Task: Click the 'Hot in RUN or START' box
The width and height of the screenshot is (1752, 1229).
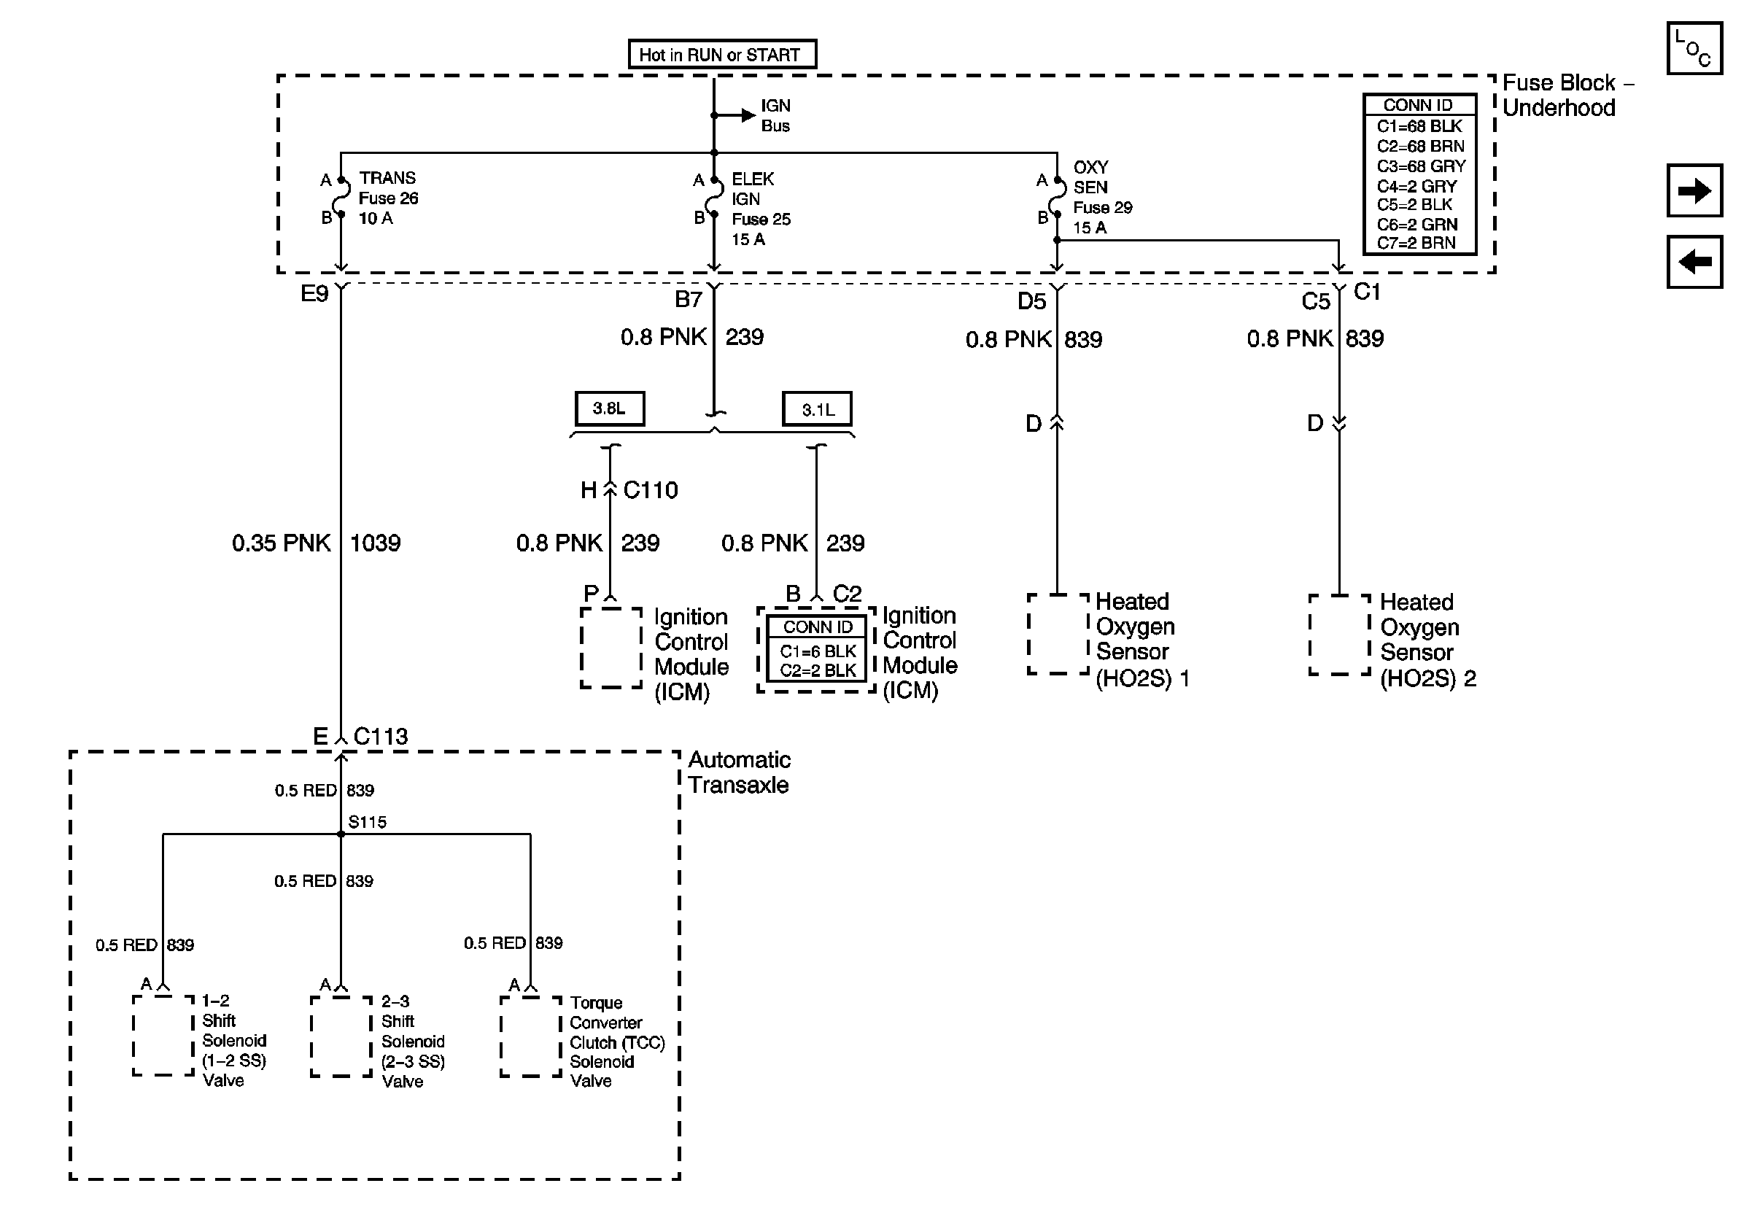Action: point(722,54)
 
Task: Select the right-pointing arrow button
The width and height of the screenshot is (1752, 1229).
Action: point(1694,190)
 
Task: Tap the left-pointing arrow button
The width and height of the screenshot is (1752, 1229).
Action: point(1694,262)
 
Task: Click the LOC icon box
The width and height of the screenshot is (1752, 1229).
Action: point(1694,48)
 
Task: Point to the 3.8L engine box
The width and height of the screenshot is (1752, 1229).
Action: point(609,408)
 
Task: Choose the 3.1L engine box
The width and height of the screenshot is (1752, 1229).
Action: point(816,409)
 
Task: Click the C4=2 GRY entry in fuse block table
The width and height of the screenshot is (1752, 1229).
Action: point(1416,185)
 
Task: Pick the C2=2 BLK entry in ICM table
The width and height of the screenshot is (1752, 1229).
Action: point(817,670)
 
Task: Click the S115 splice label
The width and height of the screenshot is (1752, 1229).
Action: point(367,821)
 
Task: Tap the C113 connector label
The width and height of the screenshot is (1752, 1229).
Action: point(380,736)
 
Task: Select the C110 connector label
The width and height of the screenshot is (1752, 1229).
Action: point(650,489)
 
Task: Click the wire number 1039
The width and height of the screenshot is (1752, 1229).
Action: point(375,543)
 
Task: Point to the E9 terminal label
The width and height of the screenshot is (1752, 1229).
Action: point(314,294)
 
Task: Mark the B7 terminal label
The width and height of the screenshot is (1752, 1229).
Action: point(688,299)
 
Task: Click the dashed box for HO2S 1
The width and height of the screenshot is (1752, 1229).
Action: point(1058,634)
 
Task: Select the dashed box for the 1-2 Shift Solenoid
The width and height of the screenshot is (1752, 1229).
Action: point(163,1035)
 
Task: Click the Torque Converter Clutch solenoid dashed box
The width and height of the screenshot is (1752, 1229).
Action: point(531,1036)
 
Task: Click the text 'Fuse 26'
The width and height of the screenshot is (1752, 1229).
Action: point(388,198)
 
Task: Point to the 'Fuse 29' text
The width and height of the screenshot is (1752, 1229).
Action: point(1103,207)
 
